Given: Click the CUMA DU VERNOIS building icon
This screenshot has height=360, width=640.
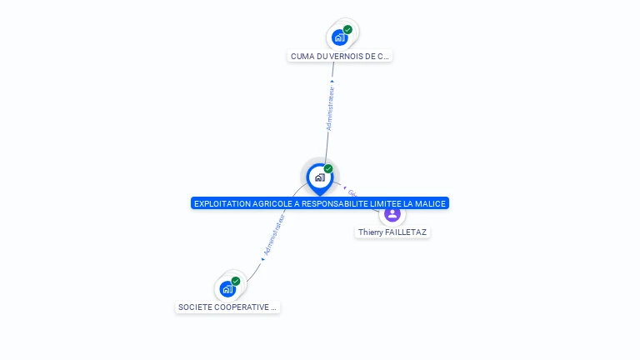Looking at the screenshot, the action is point(338,37).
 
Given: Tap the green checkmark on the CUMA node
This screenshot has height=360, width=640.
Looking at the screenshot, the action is point(347,30).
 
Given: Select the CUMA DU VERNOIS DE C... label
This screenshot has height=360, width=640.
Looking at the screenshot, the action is point(339,57).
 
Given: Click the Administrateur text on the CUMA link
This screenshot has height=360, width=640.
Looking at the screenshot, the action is point(330,108).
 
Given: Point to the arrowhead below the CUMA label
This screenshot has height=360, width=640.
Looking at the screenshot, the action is point(332,81).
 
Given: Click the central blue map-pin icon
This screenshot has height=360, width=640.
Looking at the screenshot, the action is point(319,177).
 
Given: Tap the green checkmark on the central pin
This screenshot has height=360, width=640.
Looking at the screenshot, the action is point(328,169).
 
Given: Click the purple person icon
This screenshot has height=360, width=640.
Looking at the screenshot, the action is point(392,214).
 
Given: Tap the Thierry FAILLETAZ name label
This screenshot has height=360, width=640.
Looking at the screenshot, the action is point(392,232).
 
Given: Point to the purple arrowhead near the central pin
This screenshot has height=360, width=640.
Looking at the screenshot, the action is point(344,187).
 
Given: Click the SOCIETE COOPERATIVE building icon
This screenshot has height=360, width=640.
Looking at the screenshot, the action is point(227,289).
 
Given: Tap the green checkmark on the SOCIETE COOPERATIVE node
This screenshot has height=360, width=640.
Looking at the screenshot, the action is point(236,282).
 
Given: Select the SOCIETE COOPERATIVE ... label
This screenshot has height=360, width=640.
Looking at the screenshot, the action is point(227,307).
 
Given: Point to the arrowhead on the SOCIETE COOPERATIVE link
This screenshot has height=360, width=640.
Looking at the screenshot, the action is point(262,259).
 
